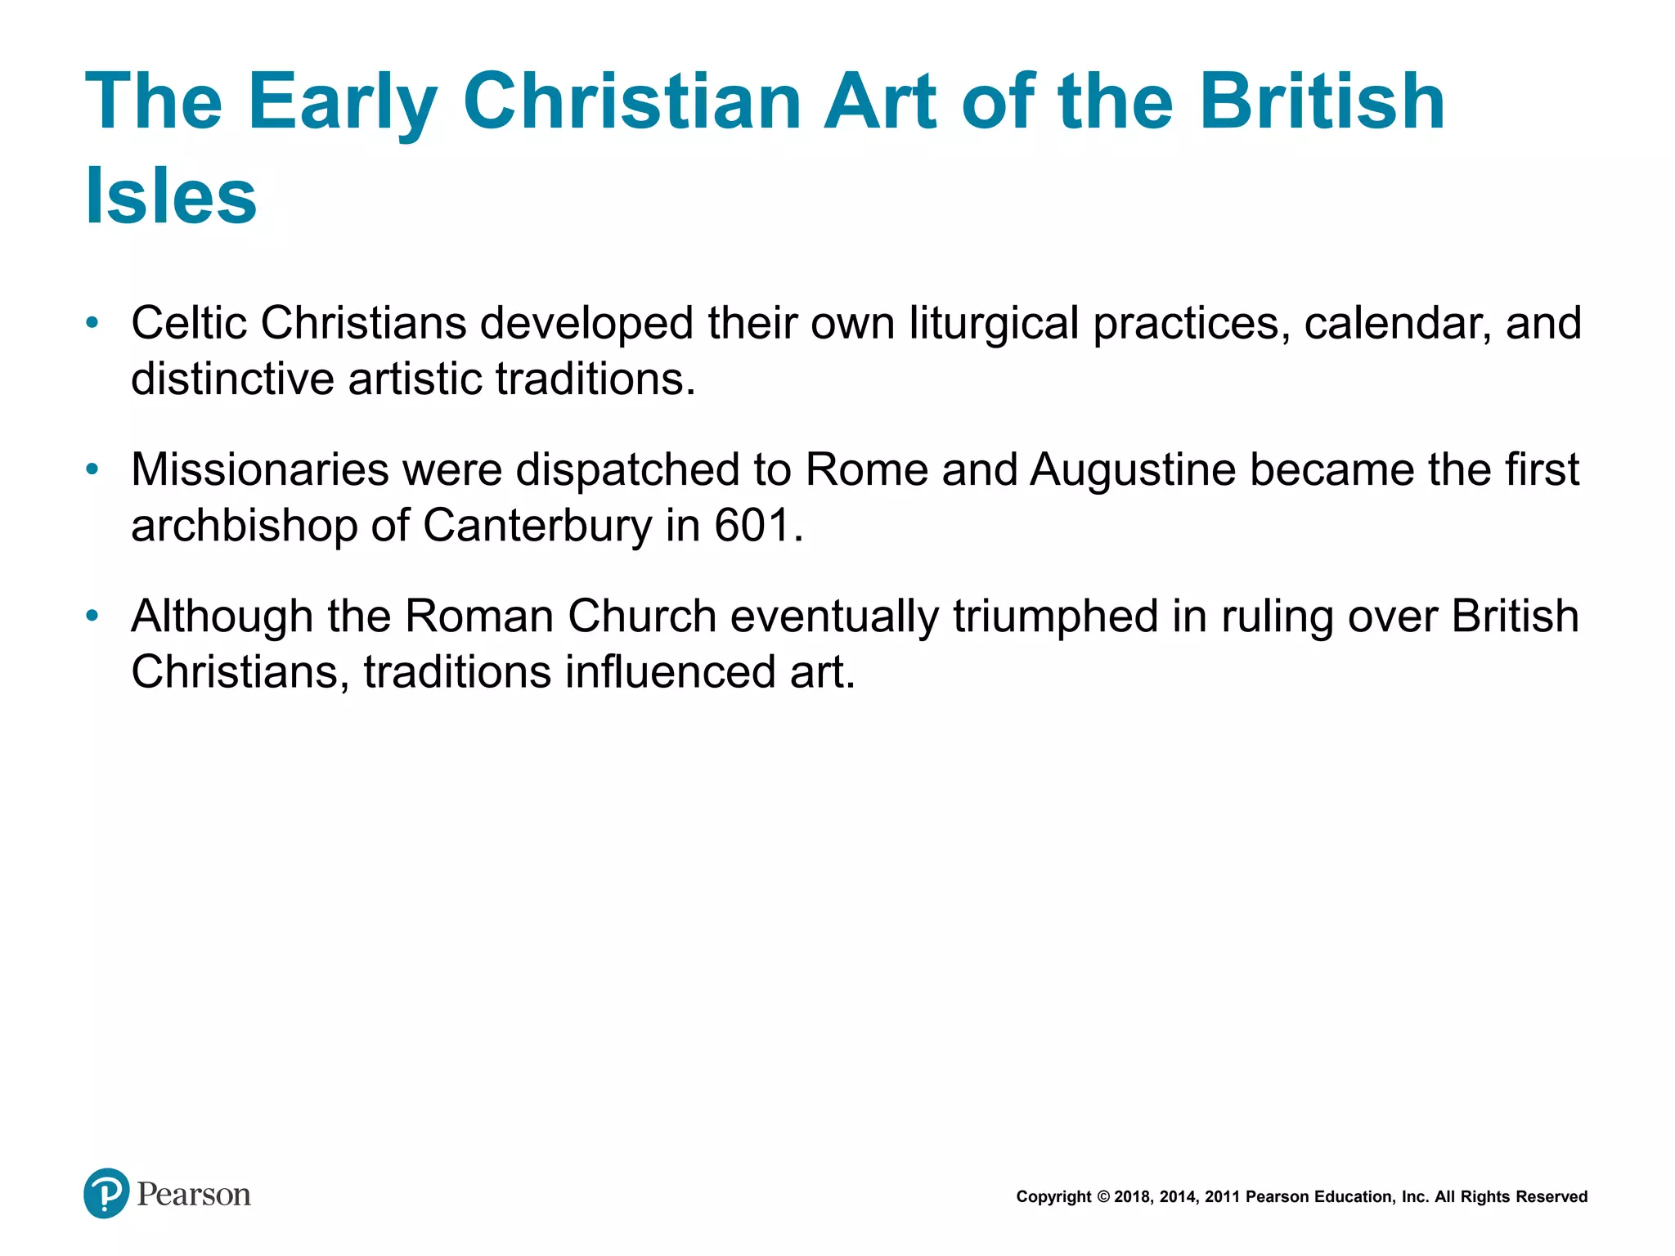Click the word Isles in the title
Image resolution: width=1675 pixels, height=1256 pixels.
(171, 196)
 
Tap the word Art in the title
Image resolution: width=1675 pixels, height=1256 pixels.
(879, 102)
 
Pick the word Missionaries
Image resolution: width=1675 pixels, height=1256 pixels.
(260, 470)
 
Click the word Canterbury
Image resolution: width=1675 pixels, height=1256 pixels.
(537, 526)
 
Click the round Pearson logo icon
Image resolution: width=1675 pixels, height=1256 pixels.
(106, 1194)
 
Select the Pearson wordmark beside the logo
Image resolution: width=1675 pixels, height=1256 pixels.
(194, 1195)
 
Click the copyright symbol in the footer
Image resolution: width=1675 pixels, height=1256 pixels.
(1103, 1197)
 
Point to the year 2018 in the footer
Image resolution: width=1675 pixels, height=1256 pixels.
(1133, 1197)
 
